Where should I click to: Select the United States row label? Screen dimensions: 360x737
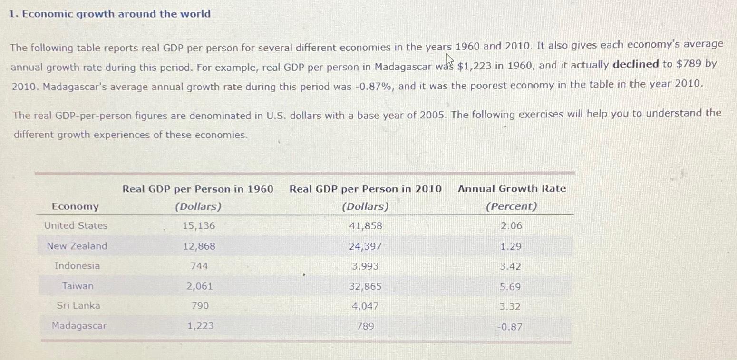click(x=76, y=226)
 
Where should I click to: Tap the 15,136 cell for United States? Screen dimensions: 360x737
click(x=199, y=226)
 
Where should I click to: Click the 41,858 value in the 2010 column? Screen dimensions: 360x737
click(x=365, y=226)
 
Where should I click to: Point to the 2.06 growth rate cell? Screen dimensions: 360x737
click(x=511, y=226)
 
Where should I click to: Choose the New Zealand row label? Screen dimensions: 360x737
click(x=77, y=246)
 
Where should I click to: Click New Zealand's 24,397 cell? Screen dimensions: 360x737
click(x=365, y=247)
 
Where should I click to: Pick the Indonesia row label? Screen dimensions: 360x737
click(x=77, y=266)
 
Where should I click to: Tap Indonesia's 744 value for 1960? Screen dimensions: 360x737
click(x=199, y=266)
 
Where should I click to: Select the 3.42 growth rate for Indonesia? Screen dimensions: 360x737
click(x=510, y=267)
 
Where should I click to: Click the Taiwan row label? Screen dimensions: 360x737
click(x=78, y=286)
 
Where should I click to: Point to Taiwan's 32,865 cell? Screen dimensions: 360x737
click(x=365, y=287)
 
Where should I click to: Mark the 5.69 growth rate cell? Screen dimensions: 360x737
click(x=510, y=287)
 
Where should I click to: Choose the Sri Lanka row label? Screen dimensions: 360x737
click(x=78, y=306)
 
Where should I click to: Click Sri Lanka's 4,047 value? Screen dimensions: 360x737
click(x=365, y=307)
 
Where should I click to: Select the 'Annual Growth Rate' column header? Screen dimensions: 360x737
click(x=512, y=189)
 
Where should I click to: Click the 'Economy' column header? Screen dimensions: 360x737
click(x=75, y=206)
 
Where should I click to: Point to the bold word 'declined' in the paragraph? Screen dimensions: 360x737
click(x=636, y=64)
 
